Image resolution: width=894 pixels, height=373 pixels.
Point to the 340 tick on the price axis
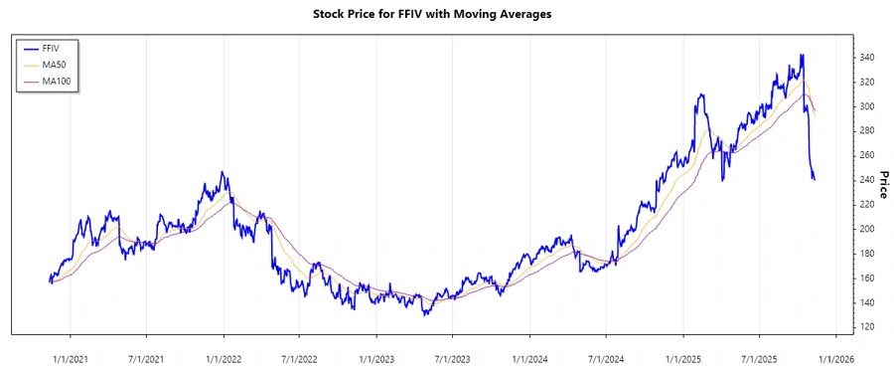pyautogui.click(x=867, y=58)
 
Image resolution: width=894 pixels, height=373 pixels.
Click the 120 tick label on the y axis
pyautogui.click(x=867, y=326)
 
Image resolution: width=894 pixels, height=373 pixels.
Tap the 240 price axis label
pyautogui.click(x=867, y=180)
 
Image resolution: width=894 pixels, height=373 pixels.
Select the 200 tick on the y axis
pyautogui.click(x=867, y=229)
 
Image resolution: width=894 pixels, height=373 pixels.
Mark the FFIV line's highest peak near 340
pyautogui.click(x=802, y=55)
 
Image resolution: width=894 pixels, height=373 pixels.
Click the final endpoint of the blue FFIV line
pyautogui.click(x=815, y=180)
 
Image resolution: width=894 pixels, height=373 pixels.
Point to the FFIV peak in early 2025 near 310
pyautogui.click(x=700, y=94)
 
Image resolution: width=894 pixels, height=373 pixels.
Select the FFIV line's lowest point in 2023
pyautogui.click(x=424, y=314)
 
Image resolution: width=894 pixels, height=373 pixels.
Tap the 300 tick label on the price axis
pyautogui.click(x=867, y=106)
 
